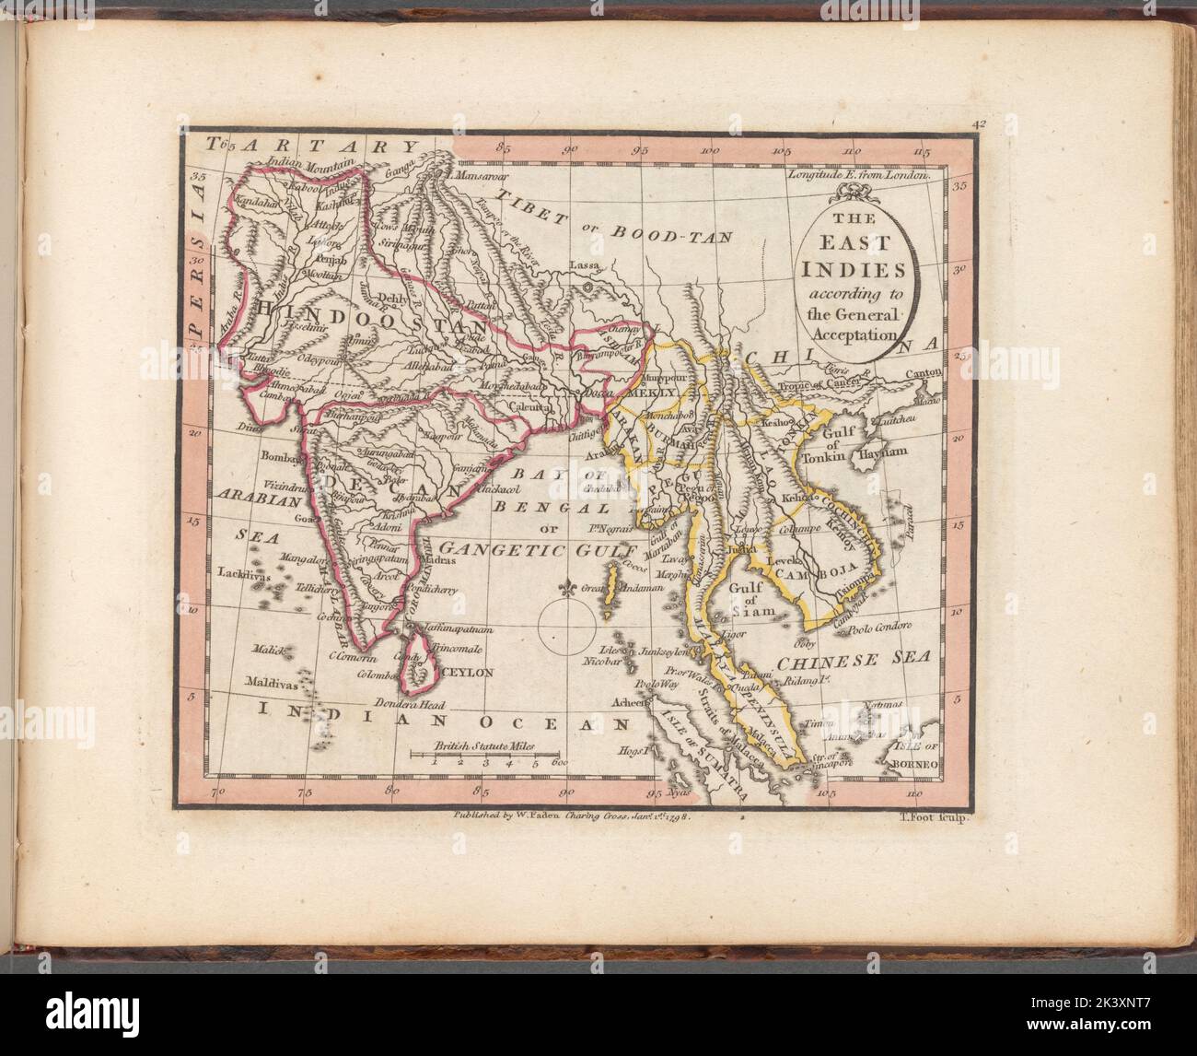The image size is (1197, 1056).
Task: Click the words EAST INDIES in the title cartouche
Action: pyautogui.click(x=856, y=260)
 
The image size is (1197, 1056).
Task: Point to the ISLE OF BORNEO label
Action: pyautogui.click(x=911, y=756)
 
